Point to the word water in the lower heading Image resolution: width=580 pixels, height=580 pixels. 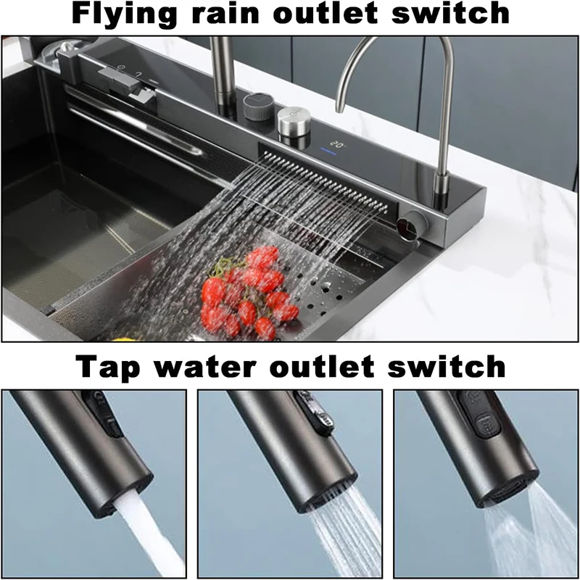217,365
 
